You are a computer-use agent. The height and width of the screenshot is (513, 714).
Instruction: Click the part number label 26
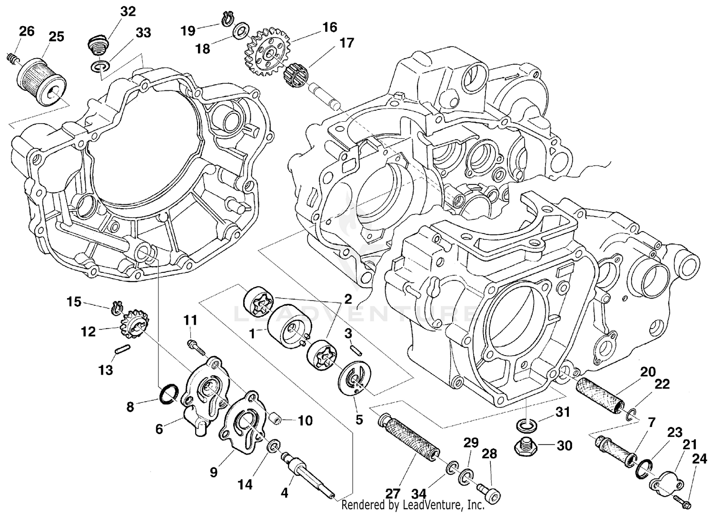[27, 31]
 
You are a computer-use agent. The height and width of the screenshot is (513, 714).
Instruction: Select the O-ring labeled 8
[169, 394]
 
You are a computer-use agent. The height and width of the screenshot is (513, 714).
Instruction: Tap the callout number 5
[359, 419]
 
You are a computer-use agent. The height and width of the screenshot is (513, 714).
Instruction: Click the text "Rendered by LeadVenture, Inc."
[413, 505]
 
